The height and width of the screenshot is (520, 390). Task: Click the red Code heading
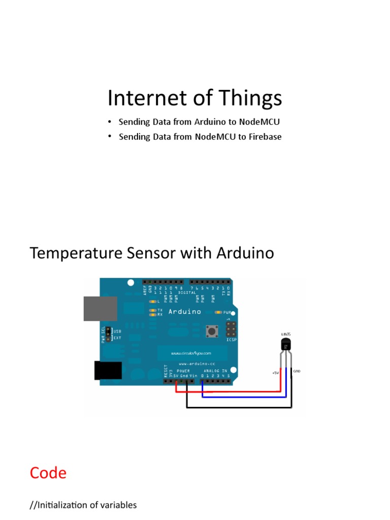pos(48,473)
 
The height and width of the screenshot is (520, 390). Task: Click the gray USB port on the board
pos(101,308)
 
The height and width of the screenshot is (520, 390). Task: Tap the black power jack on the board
pos(108,370)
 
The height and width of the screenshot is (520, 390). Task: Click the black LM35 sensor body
pos(286,345)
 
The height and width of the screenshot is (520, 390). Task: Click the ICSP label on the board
pos(231,339)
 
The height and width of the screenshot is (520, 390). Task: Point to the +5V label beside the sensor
pos(275,373)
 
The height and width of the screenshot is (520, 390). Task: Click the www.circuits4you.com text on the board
pos(191,352)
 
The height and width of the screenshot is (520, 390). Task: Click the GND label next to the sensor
pos(298,371)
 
